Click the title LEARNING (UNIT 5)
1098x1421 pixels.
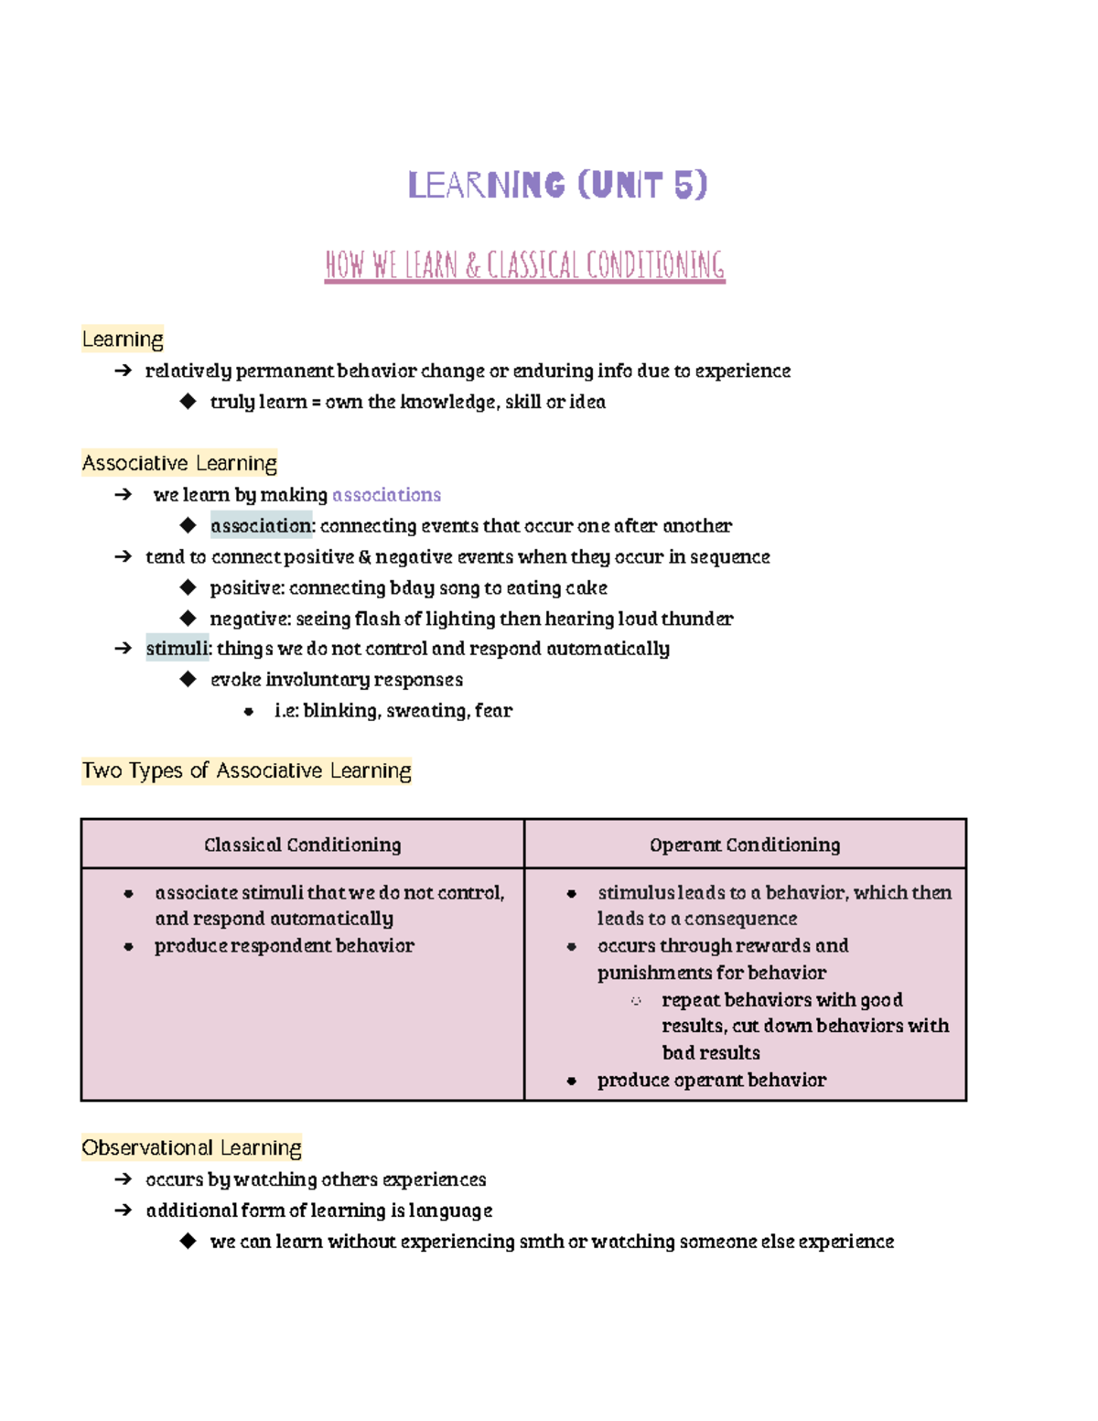pyautogui.click(x=557, y=185)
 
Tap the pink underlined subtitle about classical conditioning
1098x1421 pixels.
pyautogui.click(x=524, y=265)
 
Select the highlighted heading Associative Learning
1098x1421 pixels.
pyautogui.click(x=179, y=463)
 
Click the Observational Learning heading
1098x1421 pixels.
pyautogui.click(x=191, y=1147)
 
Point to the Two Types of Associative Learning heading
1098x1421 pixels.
pyautogui.click(x=246, y=770)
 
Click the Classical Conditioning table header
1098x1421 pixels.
pyautogui.click(x=302, y=845)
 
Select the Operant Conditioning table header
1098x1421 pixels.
pyautogui.click(x=745, y=845)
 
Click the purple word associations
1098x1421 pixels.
pyautogui.click(x=386, y=495)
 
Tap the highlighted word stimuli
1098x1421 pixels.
pyautogui.click(x=178, y=649)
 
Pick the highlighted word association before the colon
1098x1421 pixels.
pyautogui.click(x=261, y=526)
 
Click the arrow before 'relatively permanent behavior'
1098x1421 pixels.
pyautogui.click(x=123, y=371)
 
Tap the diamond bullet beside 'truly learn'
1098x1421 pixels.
pyautogui.click(x=188, y=401)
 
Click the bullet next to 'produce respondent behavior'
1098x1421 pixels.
pyautogui.click(x=129, y=946)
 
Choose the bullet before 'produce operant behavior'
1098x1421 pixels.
pyautogui.click(x=572, y=1081)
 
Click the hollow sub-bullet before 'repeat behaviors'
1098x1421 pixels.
pyautogui.click(x=636, y=1000)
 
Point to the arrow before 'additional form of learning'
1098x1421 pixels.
pyautogui.click(x=123, y=1211)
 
